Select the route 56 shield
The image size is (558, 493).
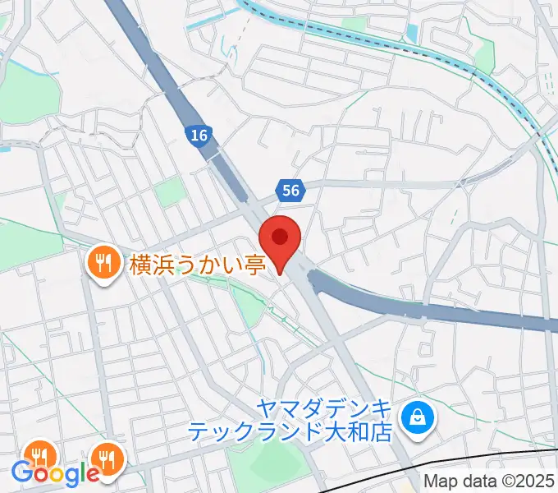(x=290, y=191)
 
